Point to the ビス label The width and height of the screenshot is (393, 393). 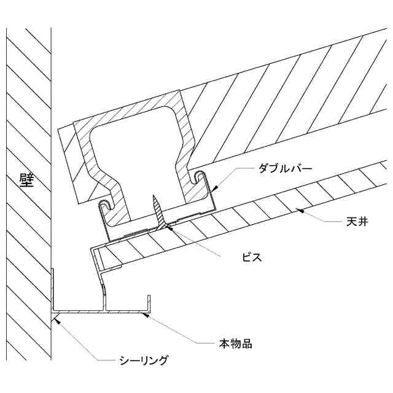[252, 257]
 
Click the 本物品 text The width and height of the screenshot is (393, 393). [235, 343]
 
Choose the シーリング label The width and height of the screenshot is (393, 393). [143, 360]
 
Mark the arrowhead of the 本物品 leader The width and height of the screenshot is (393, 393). [145, 314]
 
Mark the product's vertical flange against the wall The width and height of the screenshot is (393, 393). [52, 289]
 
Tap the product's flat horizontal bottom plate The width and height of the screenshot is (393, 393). [98, 311]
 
